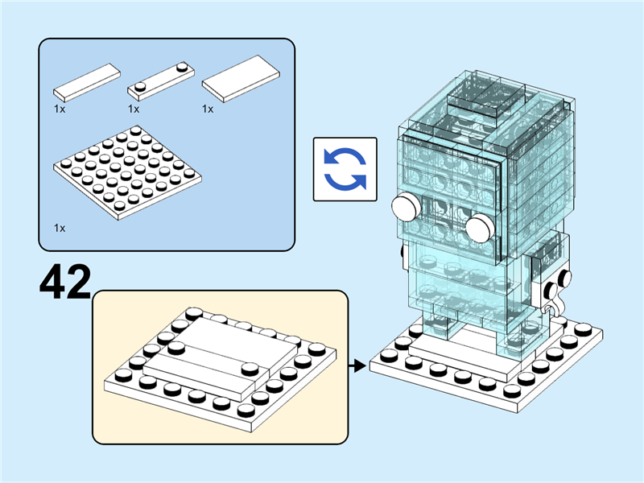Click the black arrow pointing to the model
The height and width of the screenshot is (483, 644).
[354, 367]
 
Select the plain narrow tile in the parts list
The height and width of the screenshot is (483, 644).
[86, 81]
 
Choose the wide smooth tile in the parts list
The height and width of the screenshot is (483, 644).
[241, 79]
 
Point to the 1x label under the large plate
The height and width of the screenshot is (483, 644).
[60, 228]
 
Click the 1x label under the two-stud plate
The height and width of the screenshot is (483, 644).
[134, 108]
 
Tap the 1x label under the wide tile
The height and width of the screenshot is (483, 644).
[208, 108]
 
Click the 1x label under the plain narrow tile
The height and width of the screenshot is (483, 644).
[60, 108]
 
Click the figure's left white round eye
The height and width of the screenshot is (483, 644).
[406, 208]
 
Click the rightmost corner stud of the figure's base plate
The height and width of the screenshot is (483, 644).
[602, 331]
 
